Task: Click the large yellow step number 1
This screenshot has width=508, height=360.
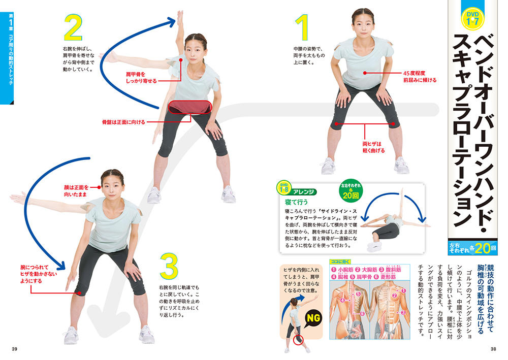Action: [302, 27]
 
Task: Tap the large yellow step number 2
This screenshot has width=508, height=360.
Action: [73, 27]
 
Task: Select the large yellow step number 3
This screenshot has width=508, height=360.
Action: [169, 266]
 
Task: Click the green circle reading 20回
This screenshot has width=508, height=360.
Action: [351, 192]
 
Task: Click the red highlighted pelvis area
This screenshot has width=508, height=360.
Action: [190, 107]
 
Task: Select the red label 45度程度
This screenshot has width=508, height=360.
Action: [414, 73]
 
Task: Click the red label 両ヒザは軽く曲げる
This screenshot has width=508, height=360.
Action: [373, 147]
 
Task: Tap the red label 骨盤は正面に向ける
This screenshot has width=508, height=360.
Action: [123, 122]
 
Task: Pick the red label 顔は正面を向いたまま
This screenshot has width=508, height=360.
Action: [76, 191]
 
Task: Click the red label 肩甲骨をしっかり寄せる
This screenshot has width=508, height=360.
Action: [141, 78]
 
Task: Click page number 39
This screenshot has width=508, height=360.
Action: [14, 349]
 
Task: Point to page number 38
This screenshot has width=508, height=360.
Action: [493, 349]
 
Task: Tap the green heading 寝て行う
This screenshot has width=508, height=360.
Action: [297, 202]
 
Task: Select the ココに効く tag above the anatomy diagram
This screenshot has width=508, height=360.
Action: [340, 261]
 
